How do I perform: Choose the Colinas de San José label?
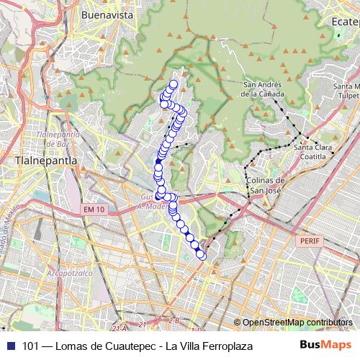click(266, 185)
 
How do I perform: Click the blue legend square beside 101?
click(9, 345)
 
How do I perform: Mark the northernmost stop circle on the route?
click(174, 84)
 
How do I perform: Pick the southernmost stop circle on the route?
click(202, 256)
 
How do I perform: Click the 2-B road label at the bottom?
click(171, 320)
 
